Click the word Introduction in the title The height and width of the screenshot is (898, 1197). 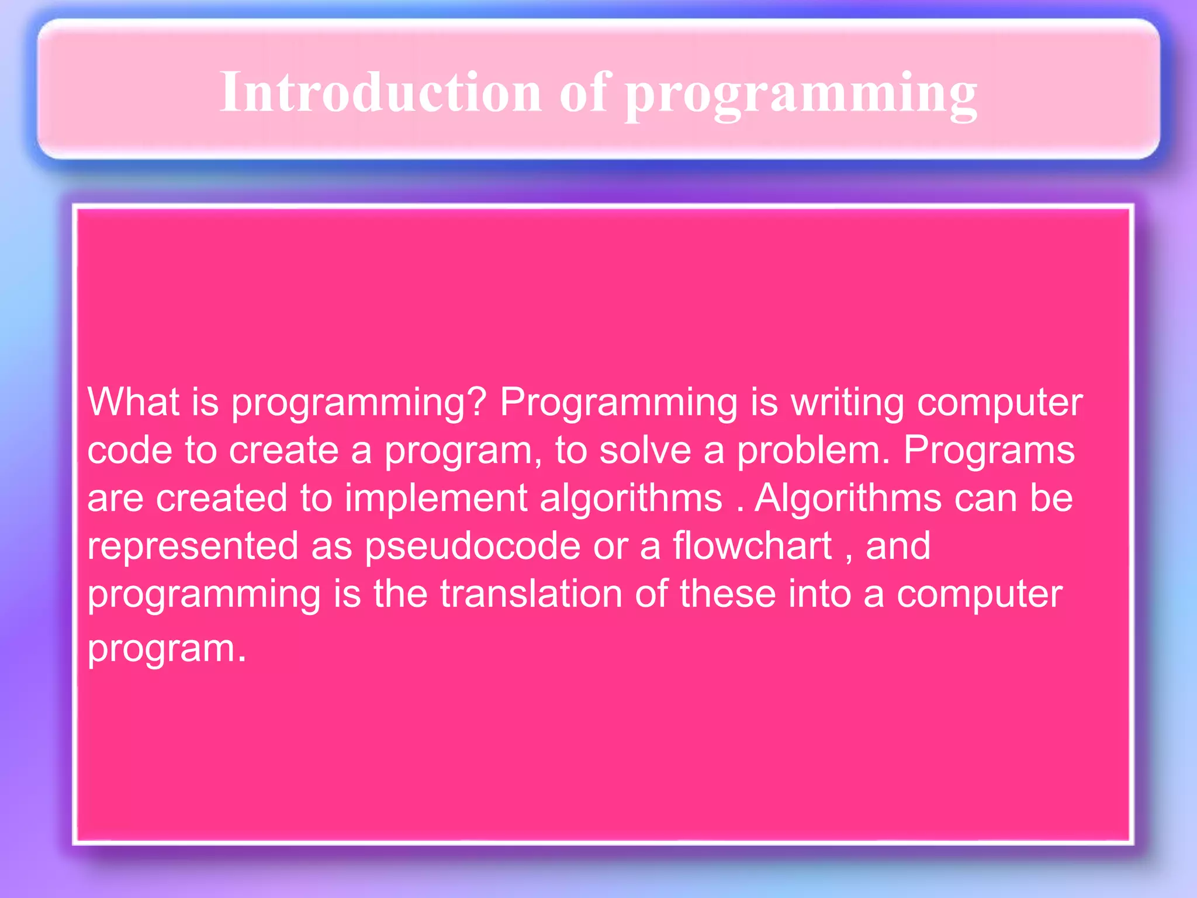coord(380,92)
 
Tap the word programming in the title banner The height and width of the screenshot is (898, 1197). coord(801,94)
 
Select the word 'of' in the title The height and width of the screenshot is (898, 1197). coord(585,92)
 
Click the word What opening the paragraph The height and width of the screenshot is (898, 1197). coord(133,402)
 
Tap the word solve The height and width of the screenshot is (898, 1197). coord(645,450)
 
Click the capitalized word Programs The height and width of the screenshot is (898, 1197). coord(989,450)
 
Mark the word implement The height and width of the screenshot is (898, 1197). coord(436,499)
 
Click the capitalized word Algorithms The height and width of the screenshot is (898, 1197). coord(847,499)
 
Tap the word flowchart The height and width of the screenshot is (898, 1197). coord(752,545)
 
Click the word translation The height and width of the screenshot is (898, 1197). coord(531,594)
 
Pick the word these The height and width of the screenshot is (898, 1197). coord(728,594)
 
